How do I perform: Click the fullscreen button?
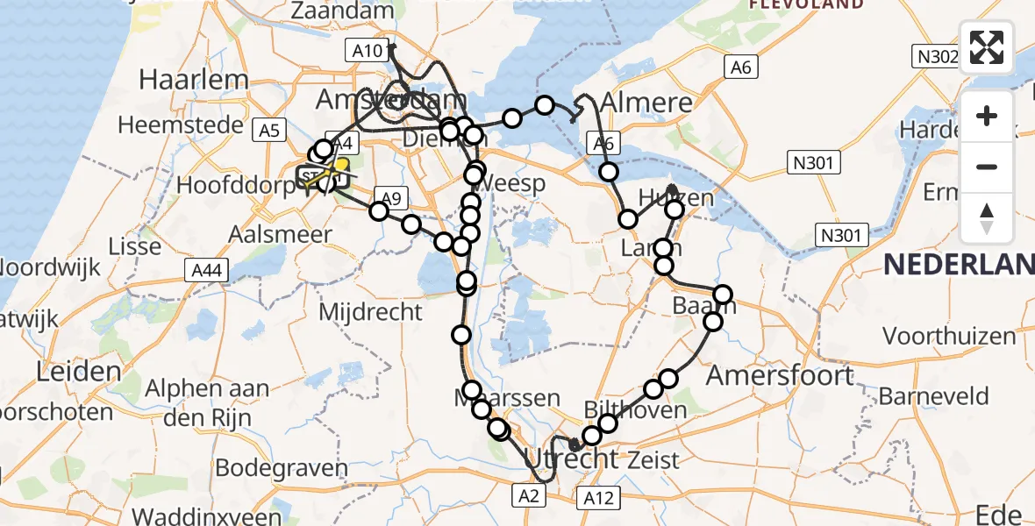pyautogui.click(x=987, y=47)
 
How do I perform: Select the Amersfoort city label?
pyautogui.click(x=780, y=375)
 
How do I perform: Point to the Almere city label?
pyautogui.click(x=646, y=103)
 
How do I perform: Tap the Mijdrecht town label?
pyautogui.click(x=370, y=311)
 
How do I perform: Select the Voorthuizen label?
pyautogui.click(x=949, y=336)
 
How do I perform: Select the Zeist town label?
pyautogui.click(x=653, y=459)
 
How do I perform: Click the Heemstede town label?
pyautogui.click(x=180, y=124)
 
